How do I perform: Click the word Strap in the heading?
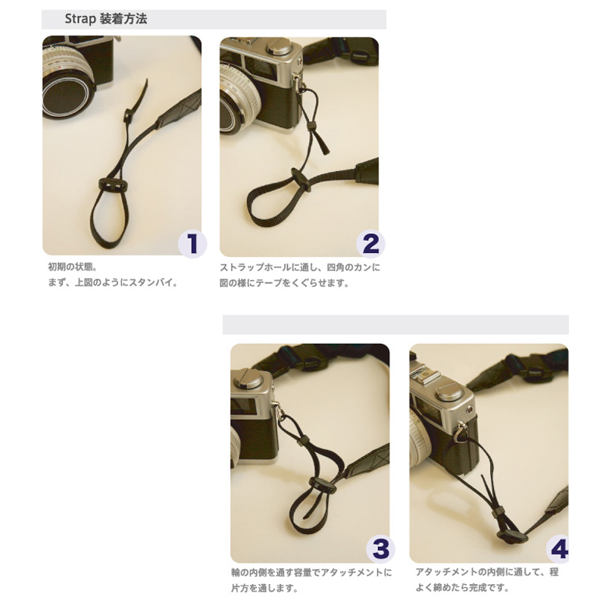click(80, 19)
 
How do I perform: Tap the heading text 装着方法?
click(123, 19)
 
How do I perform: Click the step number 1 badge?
click(192, 244)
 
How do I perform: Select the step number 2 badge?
click(370, 244)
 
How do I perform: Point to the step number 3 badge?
click(381, 549)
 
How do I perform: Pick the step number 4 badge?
click(558, 548)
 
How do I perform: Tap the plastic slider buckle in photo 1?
click(111, 185)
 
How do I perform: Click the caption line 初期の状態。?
click(72, 267)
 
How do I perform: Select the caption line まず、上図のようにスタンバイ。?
click(113, 282)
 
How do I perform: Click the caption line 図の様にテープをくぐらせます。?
click(285, 283)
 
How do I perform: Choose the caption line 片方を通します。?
click(264, 589)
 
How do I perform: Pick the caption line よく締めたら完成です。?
click(462, 588)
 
